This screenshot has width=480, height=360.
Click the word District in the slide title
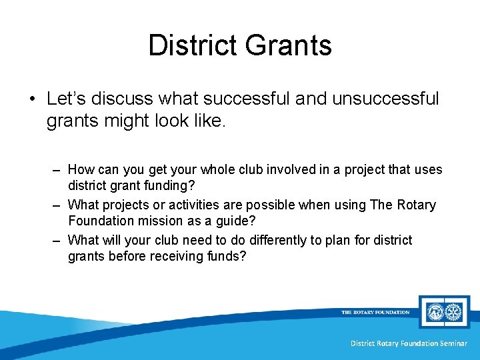point(192,45)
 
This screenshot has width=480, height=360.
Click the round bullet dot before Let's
point(31,99)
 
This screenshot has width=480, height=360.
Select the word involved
point(293,169)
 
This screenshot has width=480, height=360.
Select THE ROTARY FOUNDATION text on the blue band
point(375,312)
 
